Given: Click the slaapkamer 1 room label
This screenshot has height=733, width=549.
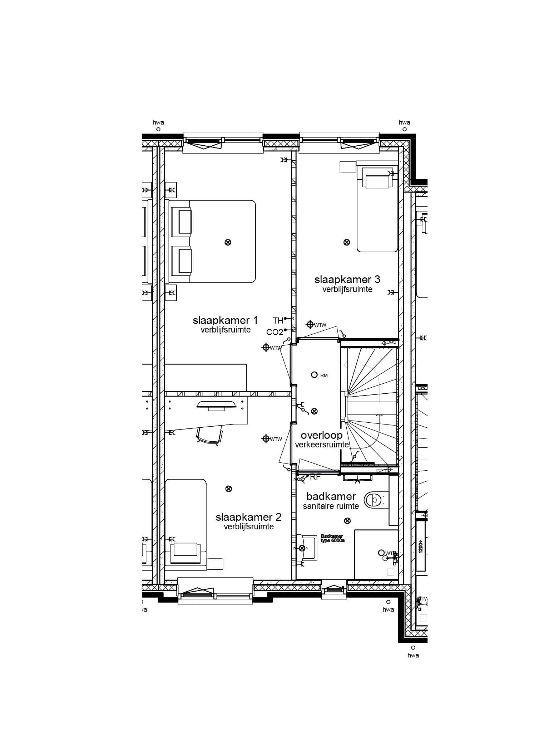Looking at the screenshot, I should (225, 320).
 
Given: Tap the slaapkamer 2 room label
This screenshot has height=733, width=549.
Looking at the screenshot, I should (248, 517).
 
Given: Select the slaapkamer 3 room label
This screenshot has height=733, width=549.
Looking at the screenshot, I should (347, 279).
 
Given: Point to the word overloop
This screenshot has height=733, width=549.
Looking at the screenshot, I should (321, 435).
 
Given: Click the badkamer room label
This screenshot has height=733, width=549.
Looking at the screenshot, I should (331, 496).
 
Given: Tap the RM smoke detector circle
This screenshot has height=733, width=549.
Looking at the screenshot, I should (314, 375).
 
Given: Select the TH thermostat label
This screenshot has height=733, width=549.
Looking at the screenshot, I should (278, 320).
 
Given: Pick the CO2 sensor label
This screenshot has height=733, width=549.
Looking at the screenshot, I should (274, 332).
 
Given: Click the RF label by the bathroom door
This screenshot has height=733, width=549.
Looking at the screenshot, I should (315, 477).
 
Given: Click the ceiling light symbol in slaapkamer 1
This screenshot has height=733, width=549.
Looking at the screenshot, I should (228, 242).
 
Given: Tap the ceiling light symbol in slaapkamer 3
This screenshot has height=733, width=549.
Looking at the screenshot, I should (346, 242).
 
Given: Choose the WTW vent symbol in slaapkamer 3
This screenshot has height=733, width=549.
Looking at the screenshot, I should (310, 324).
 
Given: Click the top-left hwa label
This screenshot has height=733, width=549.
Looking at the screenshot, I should (158, 122).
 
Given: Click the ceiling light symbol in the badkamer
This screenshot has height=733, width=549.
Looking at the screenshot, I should (347, 521).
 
